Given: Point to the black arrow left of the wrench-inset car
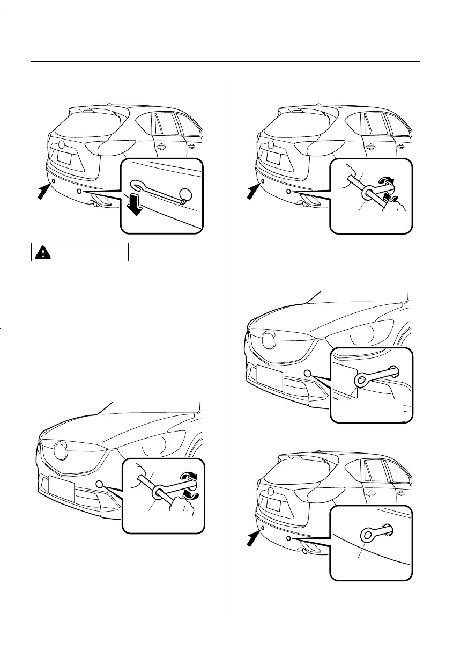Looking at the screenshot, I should tap(44, 190).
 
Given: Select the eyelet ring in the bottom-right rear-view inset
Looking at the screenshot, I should tap(368, 534).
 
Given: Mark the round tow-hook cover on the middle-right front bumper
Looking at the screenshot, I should tap(308, 373).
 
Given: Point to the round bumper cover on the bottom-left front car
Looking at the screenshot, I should tap(99, 484).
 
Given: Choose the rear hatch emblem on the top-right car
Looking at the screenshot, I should tap(272, 144).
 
